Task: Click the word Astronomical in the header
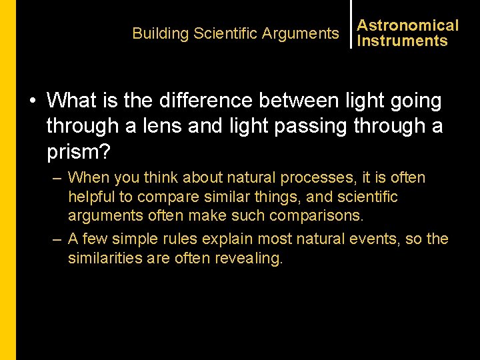pos(408,25)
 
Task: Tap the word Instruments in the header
pos(402,41)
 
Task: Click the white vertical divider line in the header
pos(351,24)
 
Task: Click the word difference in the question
pos(199,101)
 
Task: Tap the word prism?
pos(79,151)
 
